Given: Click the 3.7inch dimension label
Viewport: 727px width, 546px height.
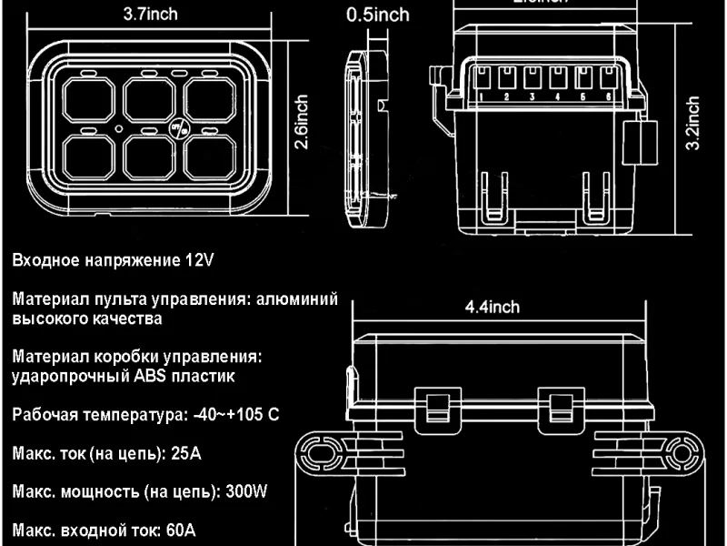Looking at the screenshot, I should [x=151, y=14].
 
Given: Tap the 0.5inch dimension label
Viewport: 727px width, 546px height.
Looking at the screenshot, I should [x=379, y=15].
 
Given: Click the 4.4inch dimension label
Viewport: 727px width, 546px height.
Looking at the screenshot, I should [x=492, y=307].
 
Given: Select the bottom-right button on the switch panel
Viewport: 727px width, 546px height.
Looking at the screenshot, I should [x=211, y=155].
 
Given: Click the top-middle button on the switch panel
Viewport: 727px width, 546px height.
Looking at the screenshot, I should [x=150, y=98].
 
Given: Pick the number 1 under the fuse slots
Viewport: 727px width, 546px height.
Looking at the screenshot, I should [x=480, y=96].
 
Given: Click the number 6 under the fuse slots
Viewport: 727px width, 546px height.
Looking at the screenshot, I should [x=606, y=96].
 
